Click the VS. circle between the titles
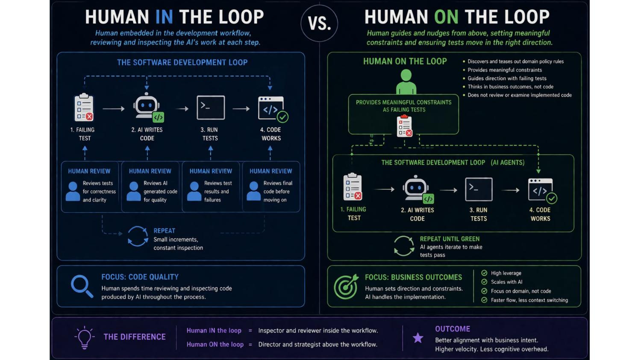click(319, 23)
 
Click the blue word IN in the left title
click(164, 17)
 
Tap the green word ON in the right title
click(446, 17)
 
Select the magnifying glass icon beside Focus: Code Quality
click(82, 287)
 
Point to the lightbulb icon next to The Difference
click(85, 337)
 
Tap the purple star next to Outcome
click(418, 338)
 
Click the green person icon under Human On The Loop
click(406, 82)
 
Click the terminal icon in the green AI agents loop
click(479, 189)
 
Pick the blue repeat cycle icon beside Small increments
click(138, 236)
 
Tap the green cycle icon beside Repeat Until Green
click(404, 246)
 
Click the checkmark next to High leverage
click(484, 273)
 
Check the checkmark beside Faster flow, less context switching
click(484, 300)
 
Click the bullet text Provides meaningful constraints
click(505, 70)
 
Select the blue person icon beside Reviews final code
click(253, 191)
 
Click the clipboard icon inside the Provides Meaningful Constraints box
click(404, 126)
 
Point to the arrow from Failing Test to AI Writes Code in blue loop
click(114, 108)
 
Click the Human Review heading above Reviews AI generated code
click(150, 171)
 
